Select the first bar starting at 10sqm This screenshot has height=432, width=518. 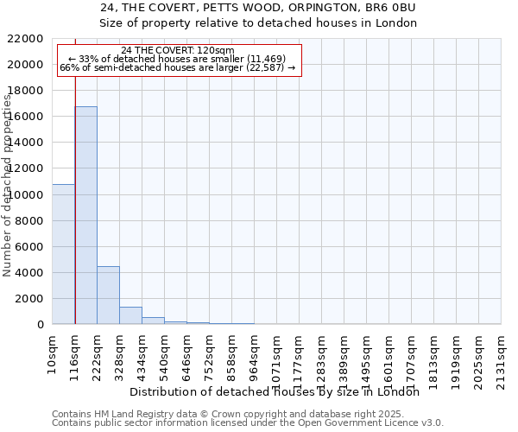pyautogui.click(x=64, y=254)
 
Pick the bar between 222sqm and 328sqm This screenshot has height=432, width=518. pyautogui.click(x=108, y=295)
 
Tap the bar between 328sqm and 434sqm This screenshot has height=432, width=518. pyautogui.click(x=130, y=315)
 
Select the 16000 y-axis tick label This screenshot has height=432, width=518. pyautogui.click(x=26, y=117)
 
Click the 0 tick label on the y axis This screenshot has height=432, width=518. pyautogui.click(x=41, y=324)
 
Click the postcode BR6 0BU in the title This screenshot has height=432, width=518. pyautogui.click(x=393, y=8)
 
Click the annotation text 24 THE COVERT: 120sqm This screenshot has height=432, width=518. pyautogui.click(x=178, y=50)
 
